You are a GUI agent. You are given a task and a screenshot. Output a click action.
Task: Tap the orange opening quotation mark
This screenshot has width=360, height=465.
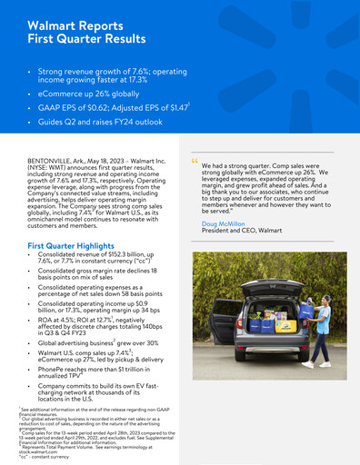coord(195,163)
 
